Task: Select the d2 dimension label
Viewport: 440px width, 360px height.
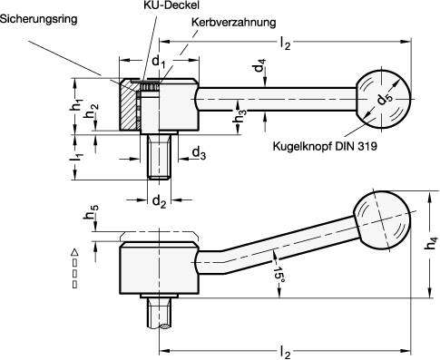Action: click(158, 199)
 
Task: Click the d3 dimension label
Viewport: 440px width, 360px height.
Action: click(198, 156)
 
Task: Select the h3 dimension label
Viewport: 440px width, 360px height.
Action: click(239, 116)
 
